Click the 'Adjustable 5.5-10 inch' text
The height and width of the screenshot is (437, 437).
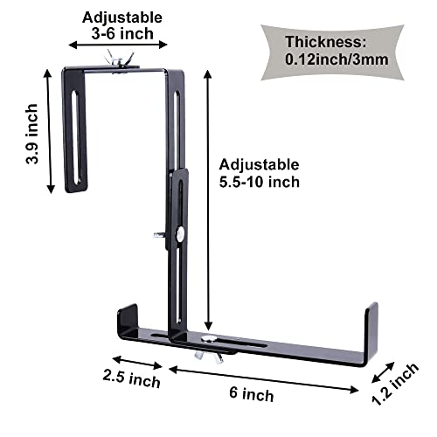click(260, 173)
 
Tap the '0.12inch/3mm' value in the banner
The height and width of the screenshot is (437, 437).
click(336, 60)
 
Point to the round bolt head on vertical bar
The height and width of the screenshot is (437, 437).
click(178, 233)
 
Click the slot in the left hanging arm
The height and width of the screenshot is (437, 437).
click(77, 132)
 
